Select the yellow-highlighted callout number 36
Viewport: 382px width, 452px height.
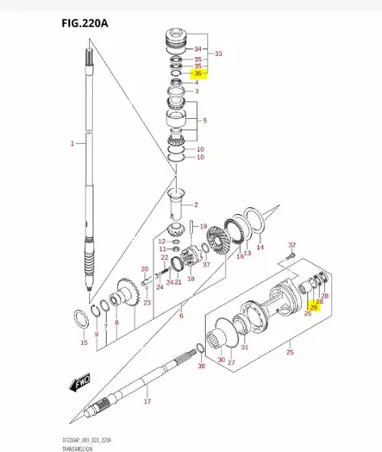197,74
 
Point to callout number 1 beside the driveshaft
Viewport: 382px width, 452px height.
72,141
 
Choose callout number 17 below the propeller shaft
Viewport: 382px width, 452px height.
147,402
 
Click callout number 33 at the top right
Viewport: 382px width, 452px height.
218,53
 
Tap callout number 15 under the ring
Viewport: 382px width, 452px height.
84,342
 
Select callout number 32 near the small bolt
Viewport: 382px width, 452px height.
291,246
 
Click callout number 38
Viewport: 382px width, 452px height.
202,367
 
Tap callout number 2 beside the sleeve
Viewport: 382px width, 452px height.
196,204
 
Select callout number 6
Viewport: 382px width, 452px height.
181,317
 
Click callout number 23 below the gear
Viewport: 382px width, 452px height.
147,303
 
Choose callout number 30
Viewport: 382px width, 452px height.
222,360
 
